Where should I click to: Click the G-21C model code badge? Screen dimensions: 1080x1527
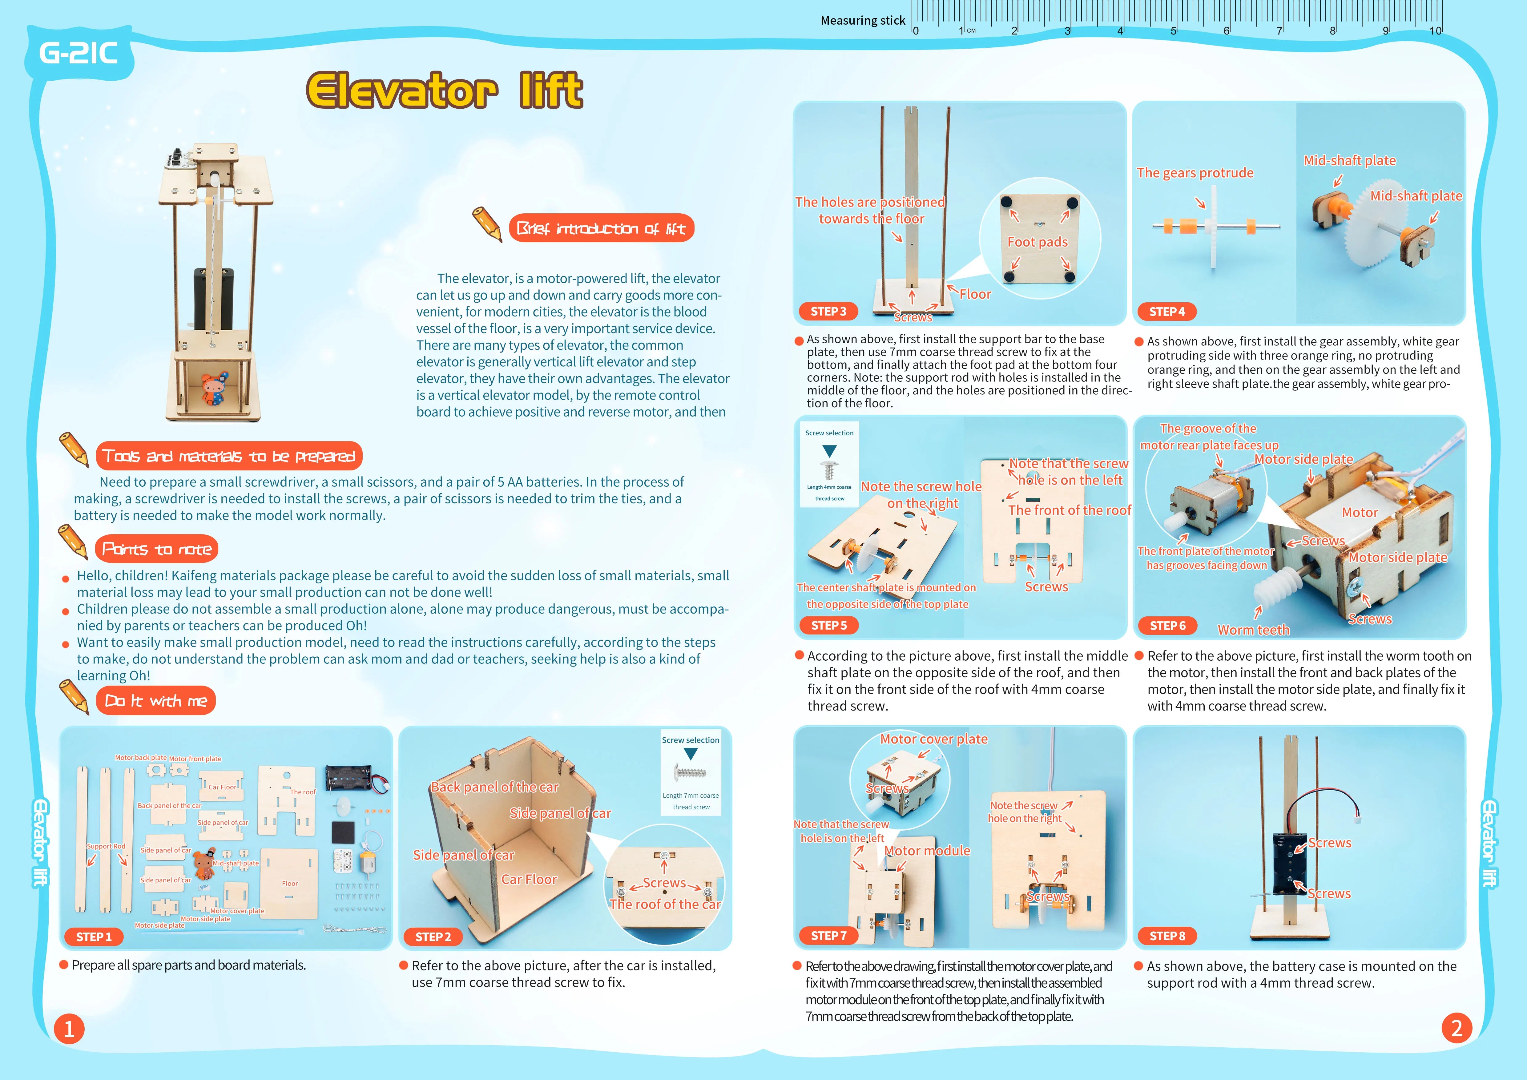tap(79, 53)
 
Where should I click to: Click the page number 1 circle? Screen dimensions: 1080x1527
tap(69, 1029)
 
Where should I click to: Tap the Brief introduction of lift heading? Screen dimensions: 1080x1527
tap(601, 229)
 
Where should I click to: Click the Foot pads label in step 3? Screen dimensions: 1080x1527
tap(1037, 242)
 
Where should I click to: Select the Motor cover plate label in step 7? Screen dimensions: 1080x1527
tap(934, 739)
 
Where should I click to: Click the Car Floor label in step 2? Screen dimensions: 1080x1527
tap(529, 879)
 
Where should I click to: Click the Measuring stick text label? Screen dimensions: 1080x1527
tap(863, 21)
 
